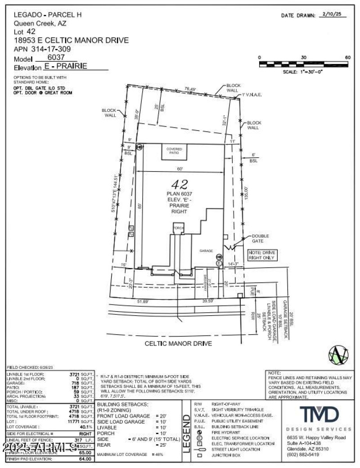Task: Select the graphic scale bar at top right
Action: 304,64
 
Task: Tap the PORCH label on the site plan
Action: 179,228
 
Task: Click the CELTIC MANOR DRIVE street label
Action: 178,344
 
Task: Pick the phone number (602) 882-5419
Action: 305,454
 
